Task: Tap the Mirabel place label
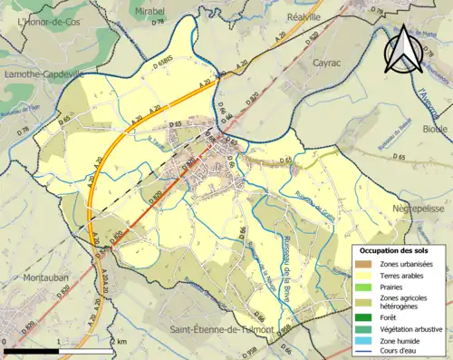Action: click(149, 10)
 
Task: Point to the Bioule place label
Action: click(435, 129)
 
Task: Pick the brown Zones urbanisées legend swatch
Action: click(364, 264)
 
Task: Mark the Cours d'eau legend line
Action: click(364, 352)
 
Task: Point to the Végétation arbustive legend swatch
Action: click(364, 328)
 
